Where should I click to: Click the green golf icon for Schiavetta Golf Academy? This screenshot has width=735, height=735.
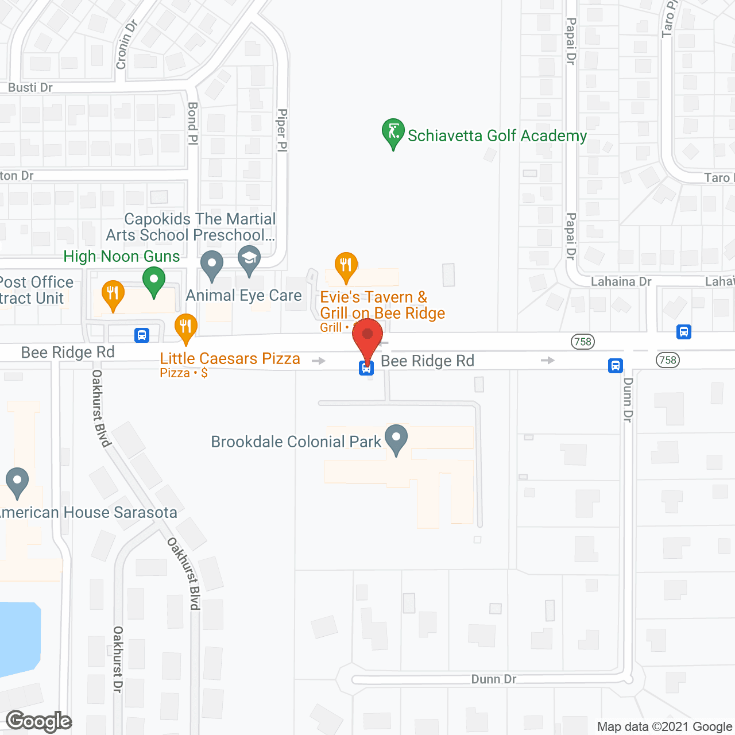point(393,133)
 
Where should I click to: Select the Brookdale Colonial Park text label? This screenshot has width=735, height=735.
point(296,442)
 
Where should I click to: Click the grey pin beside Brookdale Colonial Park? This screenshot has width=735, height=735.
point(396,439)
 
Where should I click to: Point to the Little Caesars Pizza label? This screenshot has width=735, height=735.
point(230,359)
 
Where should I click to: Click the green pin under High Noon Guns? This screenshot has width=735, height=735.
point(153,283)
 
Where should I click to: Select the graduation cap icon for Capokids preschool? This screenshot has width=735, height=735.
point(249,260)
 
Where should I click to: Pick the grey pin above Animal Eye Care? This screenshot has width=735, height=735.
point(212,265)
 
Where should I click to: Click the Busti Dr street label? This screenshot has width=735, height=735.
point(30,87)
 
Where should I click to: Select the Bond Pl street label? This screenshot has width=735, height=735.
point(193,123)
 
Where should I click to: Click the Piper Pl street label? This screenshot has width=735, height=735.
point(282,130)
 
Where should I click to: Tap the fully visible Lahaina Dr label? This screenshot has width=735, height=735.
point(621,281)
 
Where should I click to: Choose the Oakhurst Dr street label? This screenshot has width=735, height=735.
point(118,659)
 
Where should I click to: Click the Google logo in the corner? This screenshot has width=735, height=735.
point(39,721)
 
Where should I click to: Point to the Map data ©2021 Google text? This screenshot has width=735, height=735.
point(665,726)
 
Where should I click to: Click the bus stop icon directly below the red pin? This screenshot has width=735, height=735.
point(366,367)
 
